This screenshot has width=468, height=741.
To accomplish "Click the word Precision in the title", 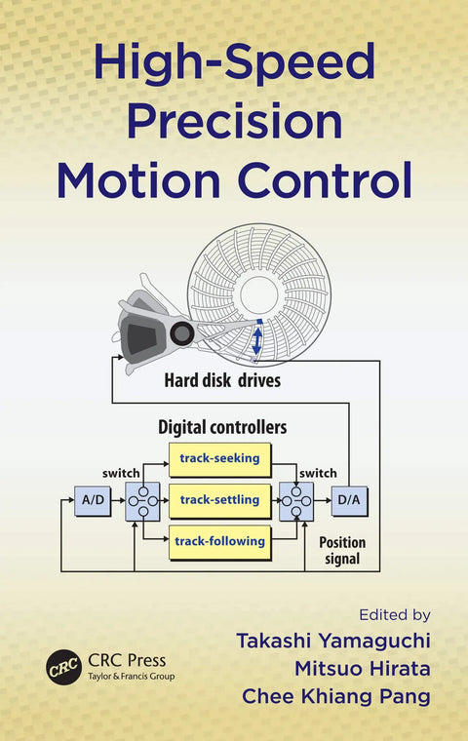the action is (x=234, y=121).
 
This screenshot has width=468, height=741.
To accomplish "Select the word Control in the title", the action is (x=325, y=179).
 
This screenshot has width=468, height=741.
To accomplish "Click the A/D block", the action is (x=94, y=500).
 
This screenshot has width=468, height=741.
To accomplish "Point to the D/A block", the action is (x=349, y=500).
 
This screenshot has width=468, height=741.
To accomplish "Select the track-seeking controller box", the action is (x=219, y=459).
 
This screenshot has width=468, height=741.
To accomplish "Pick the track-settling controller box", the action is (x=219, y=500).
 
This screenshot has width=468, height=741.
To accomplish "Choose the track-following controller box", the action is (x=219, y=542).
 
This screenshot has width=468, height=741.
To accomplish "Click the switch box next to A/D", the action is (x=142, y=501).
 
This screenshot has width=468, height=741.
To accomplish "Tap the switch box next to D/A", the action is (x=296, y=501).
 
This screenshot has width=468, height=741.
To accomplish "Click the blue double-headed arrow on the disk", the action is (x=256, y=341).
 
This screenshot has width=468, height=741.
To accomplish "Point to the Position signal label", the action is (x=342, y=551).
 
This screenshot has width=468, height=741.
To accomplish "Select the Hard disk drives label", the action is (x=222, y=380).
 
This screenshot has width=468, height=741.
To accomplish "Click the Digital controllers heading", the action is (x=222, y=427).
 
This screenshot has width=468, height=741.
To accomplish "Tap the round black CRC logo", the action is (x=63, y=667).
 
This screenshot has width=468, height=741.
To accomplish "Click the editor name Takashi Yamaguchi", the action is (x=333, y=641).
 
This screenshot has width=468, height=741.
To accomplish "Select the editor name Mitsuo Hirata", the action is (x=363, y=669).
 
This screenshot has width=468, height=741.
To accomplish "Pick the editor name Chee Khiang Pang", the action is (x=336, y=696).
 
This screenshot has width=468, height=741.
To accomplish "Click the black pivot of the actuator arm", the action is (x=182, y=333).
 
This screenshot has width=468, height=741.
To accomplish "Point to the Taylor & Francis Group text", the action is (x=132, y=677).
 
